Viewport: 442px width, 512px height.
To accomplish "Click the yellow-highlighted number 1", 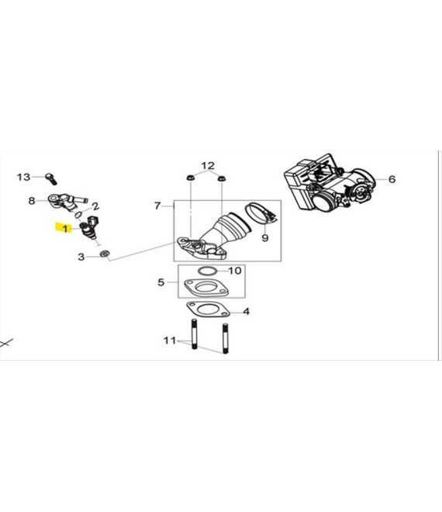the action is pyautogui.click(x=65, y=229).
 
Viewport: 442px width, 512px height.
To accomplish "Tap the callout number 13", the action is pyautogui.click(x=23, y=177).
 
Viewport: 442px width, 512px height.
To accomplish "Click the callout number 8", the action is pyautogui.click(x=31, y=200).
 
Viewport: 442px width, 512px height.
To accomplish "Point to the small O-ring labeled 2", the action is pyautogui.click(x=78, y=215).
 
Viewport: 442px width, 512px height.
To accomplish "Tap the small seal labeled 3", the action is pyautogui.click(x=105, y=254).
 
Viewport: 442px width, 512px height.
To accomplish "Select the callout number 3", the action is pyautogui.click(x=81, y=257).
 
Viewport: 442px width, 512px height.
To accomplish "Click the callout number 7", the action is pyautogui.click(x=157, y=206).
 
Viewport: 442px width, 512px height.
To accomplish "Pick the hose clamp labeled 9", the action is pyautogui.click(x=261, y=213).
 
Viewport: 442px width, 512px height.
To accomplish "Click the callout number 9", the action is pyautogui.click(x=265, y=237).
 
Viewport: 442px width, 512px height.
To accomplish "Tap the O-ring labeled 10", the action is pyautogui.click(x=208, y=271).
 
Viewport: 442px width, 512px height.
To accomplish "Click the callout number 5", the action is pyautogui.click(x=161, y=282).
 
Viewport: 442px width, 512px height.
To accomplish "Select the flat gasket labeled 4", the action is pyautogui.click(x=208, y=310).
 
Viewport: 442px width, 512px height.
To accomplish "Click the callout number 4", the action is pyautogui.click(x=246, y=312).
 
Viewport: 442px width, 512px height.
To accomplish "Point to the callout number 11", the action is pyautogui.click(x=170, y=341).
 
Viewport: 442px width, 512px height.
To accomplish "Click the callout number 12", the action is pyautogui.click(x=208, y=166).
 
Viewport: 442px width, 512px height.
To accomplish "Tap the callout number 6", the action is pyautogui.click(x=392, y=179).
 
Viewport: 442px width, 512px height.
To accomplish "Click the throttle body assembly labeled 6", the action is pyautogui.click(x=330, y=182).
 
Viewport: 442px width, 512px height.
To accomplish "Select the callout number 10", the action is pyautogui.click(x=235, y=271).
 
